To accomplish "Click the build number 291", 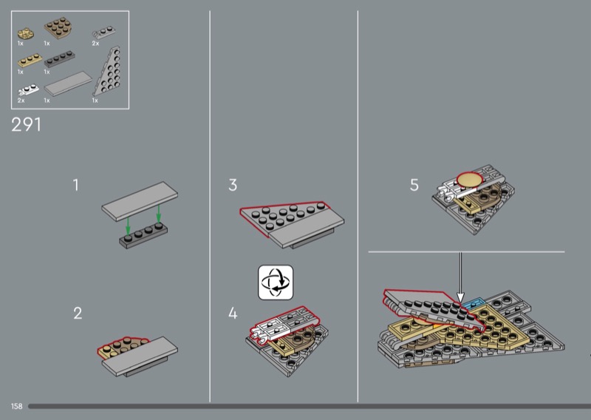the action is pyautogui.click(x=26, y=124).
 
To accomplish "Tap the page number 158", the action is pyautogui.click(x=16, y=406).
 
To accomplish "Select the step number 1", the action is pyautogui.click(x=76, y=185).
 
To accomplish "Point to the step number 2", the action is pyautogui.click(x=78, y=314).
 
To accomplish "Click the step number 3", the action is pyautogui.click(x=233, y=185).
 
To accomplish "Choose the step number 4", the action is pyautogui.click(x=233, y=314).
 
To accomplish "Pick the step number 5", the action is pyautogui.click(x=414, y=185).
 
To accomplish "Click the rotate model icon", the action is pyautogui.click(x=276, y=282).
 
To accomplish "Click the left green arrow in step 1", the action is pyautogui.click(x=128, y=225).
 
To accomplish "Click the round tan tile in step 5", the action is pyautogui.click(x=470, y=179).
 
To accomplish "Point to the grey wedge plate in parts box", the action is pyautogui.click(x=109, y=72).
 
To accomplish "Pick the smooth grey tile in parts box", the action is pyautogui.click(x=68, y=84).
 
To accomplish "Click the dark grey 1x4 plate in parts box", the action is pyautogui.click(x=60, y=59).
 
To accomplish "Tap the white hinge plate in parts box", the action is pyautogui.click(x=28, y=89).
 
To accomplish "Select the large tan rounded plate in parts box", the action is pyautogui.click(x=58, y=27).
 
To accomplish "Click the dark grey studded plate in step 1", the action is pyautogui.click(x=143, y=235).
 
